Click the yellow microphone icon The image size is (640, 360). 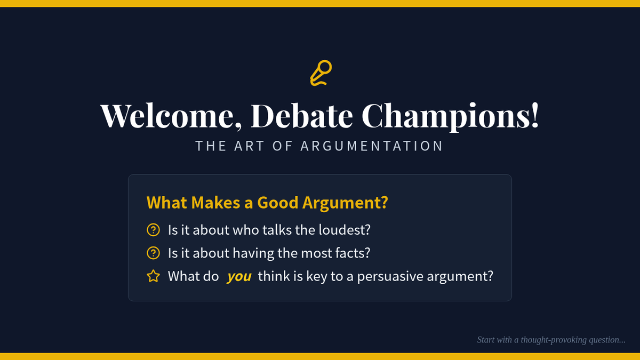click(321, 73)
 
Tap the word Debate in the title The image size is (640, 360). click(302, 115)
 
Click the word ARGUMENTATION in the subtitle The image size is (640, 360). click(371, 146)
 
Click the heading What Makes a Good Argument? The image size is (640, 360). click(267, 203)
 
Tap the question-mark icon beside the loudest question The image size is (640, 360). click(153, 230)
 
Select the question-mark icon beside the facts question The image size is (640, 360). click(153, 253)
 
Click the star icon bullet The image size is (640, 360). click(153, 276)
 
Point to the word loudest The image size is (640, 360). click(345, 230)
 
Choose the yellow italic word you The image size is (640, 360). click(239, 277)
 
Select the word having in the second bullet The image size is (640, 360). click(253, 253)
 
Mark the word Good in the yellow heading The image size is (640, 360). click(278, 203)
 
